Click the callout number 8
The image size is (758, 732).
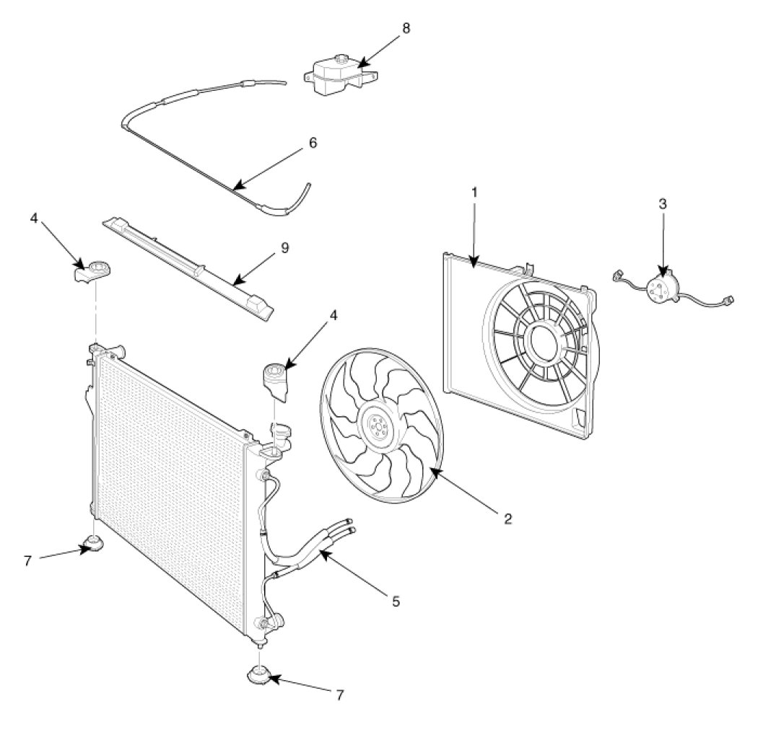(406, 28)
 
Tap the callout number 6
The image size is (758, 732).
(313, 143)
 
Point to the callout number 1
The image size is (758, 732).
(474, 192)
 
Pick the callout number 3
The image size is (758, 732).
(663, 204)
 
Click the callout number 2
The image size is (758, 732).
(507, 519)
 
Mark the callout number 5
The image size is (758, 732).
(396, 601)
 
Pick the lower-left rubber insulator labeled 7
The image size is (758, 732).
(92, 544)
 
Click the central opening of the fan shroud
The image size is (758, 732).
(545, 338)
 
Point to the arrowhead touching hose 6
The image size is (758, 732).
(237, 186)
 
